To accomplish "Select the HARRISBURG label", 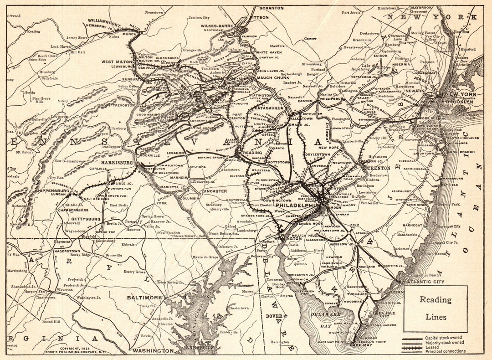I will coord(117,162).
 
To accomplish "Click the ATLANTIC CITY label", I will coord(427,282).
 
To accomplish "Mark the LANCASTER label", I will coord(214,191).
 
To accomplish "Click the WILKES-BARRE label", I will coord(217,26).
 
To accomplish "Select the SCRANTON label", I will coord(271,8).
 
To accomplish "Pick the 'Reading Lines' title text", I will coord(435,308).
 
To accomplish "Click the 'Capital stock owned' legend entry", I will coord(444,338).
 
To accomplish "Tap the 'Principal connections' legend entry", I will coord(445,351).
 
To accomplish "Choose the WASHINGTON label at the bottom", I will coord(153,351).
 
